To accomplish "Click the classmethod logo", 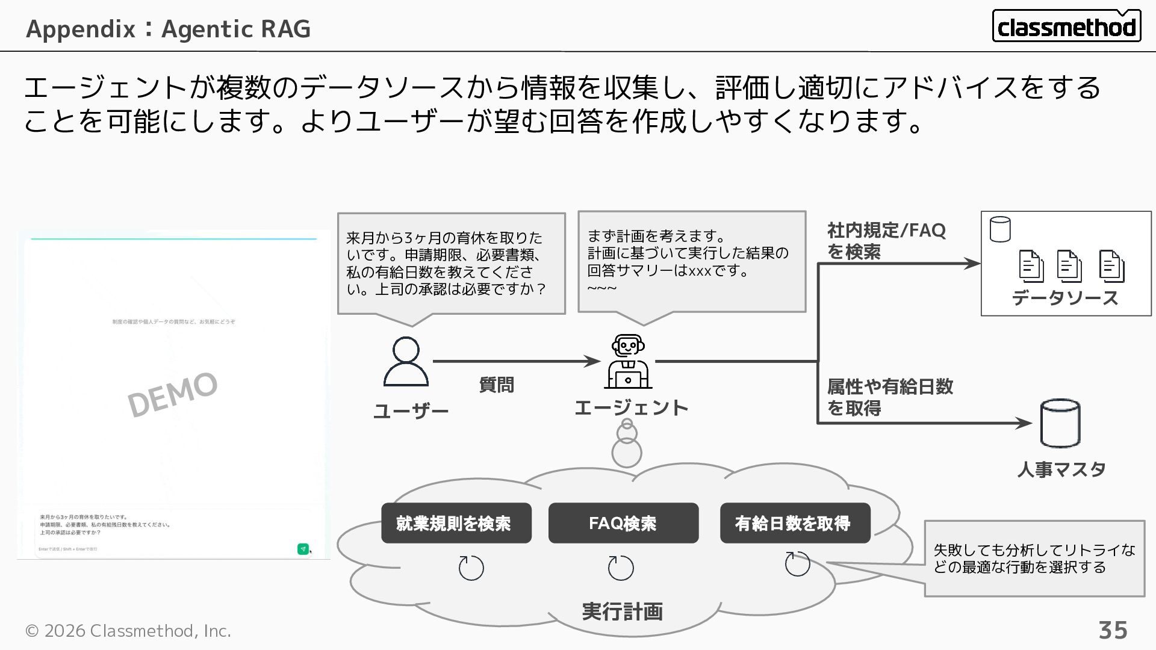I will (x=1066, y=26).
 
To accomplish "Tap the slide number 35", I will (x=1113, y=630).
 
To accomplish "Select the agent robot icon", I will (x=627, y=362).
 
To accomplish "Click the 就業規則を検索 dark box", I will (x=456, y=523).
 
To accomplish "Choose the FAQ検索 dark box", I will (x=623, y=523).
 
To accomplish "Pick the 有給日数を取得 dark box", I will (x=795, y=523).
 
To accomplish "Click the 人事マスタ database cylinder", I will (x=1060, y=423).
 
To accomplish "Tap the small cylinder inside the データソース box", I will (x=1000, y=229).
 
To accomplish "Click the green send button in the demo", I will (x=303, y=549).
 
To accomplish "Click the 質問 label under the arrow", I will (x=496, y=385).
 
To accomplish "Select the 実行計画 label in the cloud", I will (x=622, y=611).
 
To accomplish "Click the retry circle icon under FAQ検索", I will (x=621, y=568).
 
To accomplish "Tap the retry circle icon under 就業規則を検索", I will (x=471, y=568).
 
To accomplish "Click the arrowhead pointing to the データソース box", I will (x=972, y=263).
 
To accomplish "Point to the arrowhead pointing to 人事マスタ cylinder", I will (x=1024, y=423).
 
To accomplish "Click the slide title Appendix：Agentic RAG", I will (x=169, y=28).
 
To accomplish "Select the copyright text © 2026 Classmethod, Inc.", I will (x=128, y=631).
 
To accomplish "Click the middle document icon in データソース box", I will (x=1069, y=265).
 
